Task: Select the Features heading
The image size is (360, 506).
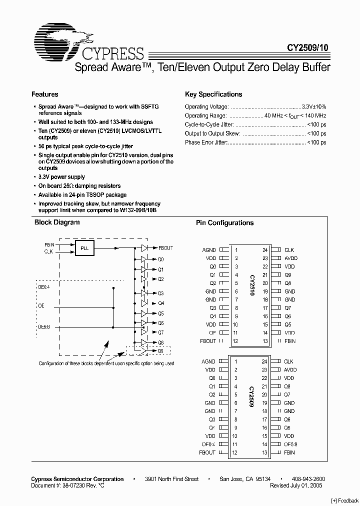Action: (45, 94)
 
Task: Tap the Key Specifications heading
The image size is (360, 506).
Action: (213, 94)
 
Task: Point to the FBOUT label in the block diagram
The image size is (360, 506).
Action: (165, 248)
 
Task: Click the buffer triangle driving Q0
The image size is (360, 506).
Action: (144, 259)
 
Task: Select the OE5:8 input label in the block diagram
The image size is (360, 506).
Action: (44, 327)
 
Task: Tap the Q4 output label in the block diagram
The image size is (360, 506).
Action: (160, 303)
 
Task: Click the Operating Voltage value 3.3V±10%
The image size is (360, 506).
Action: (314, 107)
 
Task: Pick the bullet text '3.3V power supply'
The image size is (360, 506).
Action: (62, 177)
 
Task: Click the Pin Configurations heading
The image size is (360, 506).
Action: (224, 223)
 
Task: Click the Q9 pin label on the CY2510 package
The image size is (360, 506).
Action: (288, 275)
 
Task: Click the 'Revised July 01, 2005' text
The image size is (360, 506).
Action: (296, 485)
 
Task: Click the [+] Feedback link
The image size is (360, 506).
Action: (344, 500)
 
